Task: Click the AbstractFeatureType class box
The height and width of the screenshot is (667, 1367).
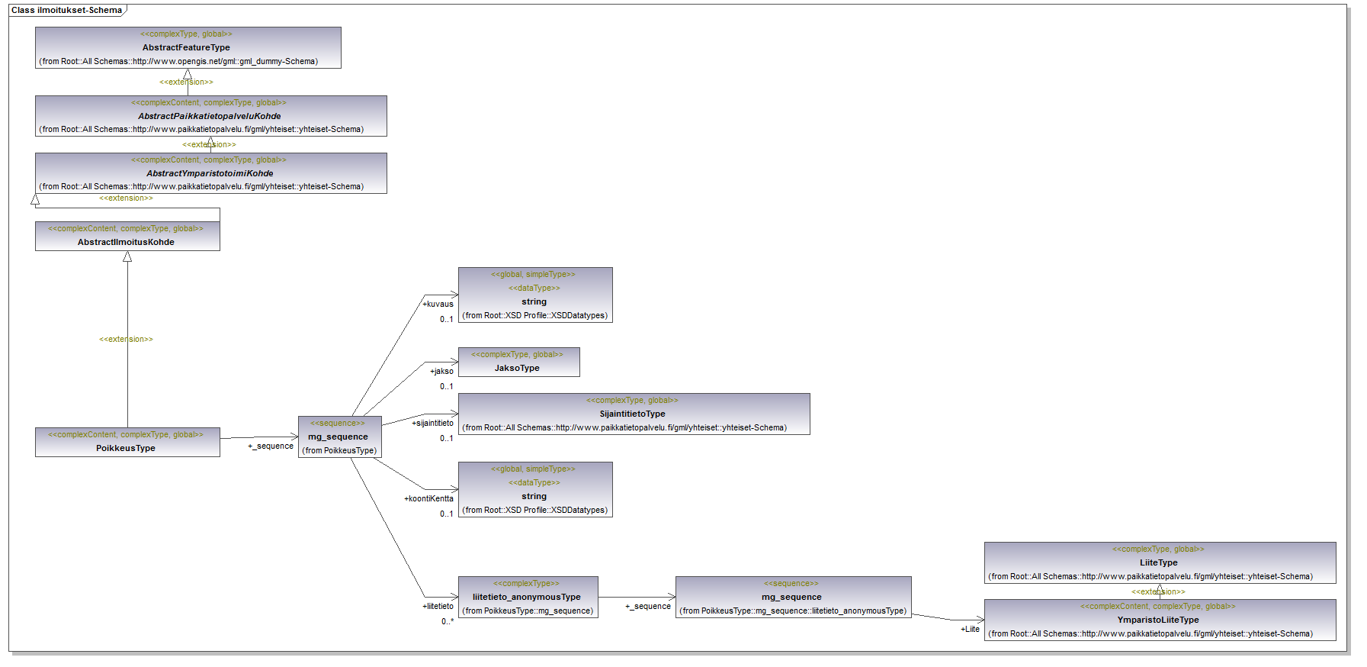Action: pyautogui.click(x=188, y=48)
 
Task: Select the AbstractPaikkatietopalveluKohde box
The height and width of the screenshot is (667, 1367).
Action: pyautogui.click(x=210, y=116)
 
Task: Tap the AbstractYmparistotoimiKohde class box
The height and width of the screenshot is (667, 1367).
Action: pyautogui.click(x=210, y=173)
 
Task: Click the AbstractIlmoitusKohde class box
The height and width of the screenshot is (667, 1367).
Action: pyautogui.click(x=127, y=236)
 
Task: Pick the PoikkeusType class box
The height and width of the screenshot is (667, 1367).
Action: pyautogui.click(x=127, y=442)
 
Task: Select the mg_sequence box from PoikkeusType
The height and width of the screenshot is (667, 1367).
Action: pyautogui.click(x=339, y=437)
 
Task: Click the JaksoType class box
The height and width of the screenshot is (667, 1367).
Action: pyautogui.click(x=518, y=362)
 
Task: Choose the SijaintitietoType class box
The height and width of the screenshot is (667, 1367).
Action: pyautogui.click(x=634, y=414)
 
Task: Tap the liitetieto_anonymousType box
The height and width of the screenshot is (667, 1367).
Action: pyautogui.click(x=528, y=597)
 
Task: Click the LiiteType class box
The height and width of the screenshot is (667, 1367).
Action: pyautogui.click(x=1160, y=562)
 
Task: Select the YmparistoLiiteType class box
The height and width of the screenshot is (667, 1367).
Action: pyautogui.click(x=1160, y=620)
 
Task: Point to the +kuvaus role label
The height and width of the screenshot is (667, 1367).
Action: pyautogui.click(x=438, y=304)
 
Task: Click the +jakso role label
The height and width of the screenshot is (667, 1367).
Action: pyautogui.click(x=441, y=371)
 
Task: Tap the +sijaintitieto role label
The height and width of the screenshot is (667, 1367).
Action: pyautogui.click(x=432, y=423)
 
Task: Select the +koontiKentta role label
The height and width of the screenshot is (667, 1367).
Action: pyautogui.click(x=428, y=498)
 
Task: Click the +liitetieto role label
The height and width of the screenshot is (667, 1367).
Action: pyautogui.click(x=438, y=606)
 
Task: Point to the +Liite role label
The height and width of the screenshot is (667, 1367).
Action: pyautogui.click(x=970, y=629)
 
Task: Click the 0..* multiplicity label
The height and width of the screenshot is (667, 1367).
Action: pyautogui.click(x=447, y=621)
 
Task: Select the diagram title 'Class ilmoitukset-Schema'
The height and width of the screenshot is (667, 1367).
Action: pyautogui.click(x=66, y=10)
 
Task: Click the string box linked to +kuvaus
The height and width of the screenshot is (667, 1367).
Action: pyautogui.click(x=535, y=295)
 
